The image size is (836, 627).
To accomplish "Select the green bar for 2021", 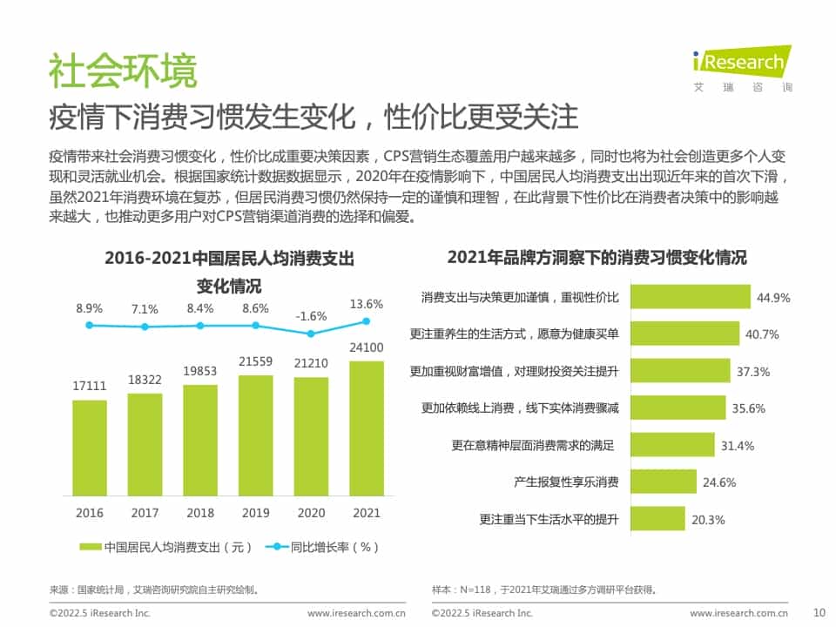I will point(367,428).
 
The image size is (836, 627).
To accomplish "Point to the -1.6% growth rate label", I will point(311,316).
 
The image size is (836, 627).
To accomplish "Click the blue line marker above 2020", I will point(311,334).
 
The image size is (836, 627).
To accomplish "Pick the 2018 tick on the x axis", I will point(200,513).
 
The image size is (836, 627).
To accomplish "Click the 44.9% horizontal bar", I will point(690,297).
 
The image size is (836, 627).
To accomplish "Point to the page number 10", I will point(818,611).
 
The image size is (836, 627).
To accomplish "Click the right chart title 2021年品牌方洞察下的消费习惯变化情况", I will point(597,258).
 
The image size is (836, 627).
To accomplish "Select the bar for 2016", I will point(90,448).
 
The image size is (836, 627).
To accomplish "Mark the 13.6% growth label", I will point(366,304).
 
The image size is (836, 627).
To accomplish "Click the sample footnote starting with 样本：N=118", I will point(544,590).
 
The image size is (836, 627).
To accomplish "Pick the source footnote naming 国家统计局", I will point(154,590).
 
